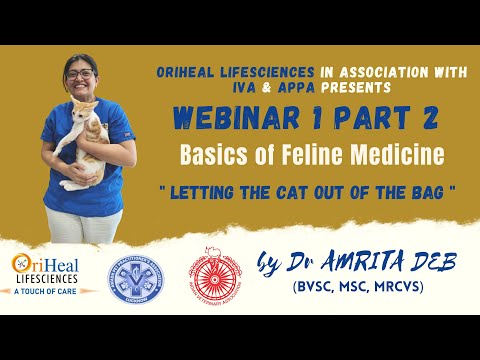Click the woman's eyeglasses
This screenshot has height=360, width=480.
[81, 73]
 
